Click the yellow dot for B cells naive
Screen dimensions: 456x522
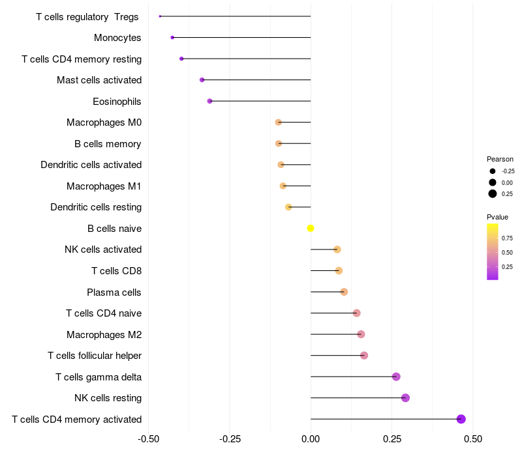311,228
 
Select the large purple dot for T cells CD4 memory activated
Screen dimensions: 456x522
461,419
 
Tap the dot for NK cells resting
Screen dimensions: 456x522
405,398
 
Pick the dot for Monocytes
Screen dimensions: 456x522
172,38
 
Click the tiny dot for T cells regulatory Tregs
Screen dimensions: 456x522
160,16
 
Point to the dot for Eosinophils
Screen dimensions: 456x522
209,101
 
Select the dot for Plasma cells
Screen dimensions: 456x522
344,292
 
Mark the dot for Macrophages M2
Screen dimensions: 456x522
361,334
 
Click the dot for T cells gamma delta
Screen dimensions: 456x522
396,377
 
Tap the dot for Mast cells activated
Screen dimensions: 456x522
202,79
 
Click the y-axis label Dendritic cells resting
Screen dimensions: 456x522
96,207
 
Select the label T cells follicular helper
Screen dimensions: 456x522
95,356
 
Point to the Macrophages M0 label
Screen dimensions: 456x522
104,122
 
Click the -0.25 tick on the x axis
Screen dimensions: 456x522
230,438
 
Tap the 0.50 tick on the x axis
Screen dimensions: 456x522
473,438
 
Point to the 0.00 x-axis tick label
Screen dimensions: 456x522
311,438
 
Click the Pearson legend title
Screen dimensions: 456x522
500,159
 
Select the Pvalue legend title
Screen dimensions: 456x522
497,217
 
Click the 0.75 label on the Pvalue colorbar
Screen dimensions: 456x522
507,238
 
